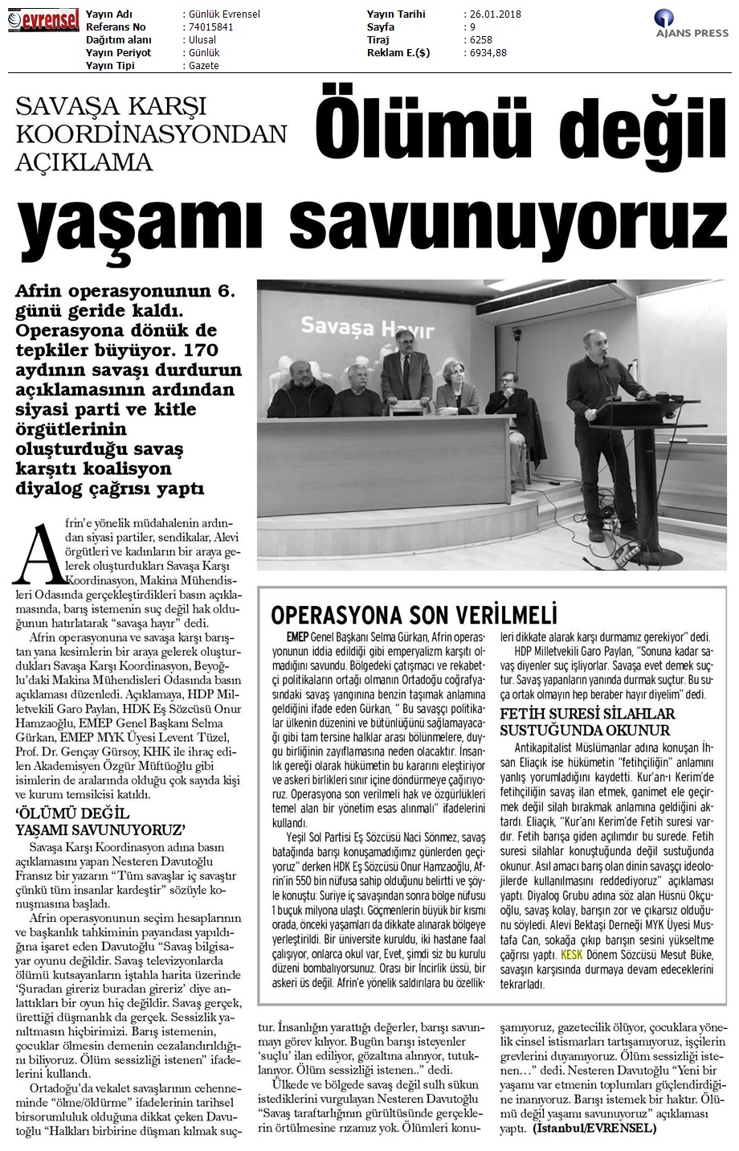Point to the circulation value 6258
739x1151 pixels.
pos(480,40)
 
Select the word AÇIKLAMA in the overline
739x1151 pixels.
pos(84,162)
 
